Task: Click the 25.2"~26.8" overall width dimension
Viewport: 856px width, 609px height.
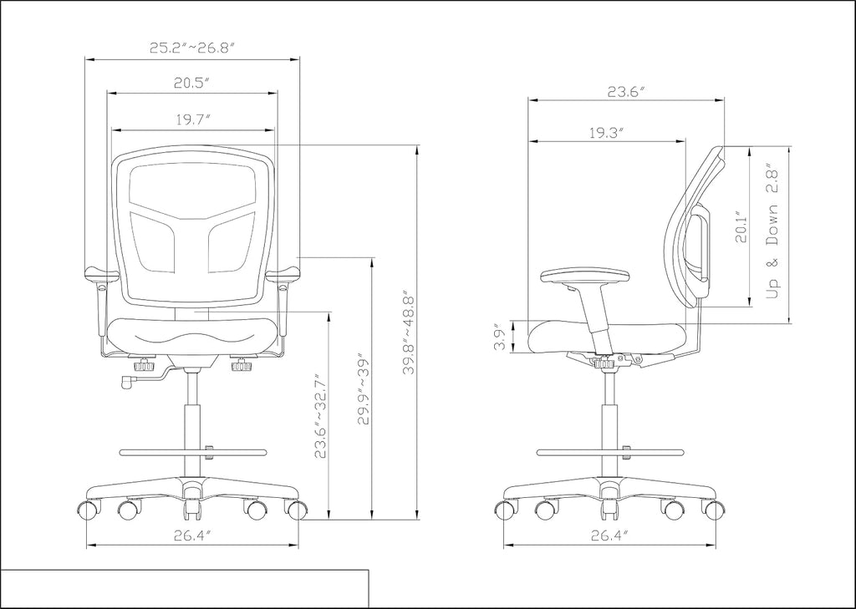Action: pyautogui.click(x=192, y=48)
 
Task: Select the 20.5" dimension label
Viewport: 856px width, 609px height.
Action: pyautogui.click(x=192, y=83)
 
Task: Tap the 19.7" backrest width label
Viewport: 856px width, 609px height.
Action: pyautogui.click(x=193, y=120)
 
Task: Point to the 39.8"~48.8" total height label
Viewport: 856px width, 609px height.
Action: pyautogui.click(x=409, y=334)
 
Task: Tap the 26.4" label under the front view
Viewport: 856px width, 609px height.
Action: pyautogui.click(x=193, y=535)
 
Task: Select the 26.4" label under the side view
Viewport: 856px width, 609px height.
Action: pyautogui.click(x=609, y=535)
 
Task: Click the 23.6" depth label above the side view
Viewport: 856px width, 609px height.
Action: pyautogui.click(x=627, y=91)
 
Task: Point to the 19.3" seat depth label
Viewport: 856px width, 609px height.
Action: pyautogui.click(x=607, y=133)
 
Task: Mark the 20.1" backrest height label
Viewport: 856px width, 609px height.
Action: pyautogui.click(x=741, y=226)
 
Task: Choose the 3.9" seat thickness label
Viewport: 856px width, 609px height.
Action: pyautogui.click(x=500, y=338)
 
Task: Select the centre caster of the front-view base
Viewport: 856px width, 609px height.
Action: pyautogui.click(x=191, y=508)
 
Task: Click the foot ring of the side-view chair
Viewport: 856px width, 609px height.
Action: pyautogui.click(x=609, y=453)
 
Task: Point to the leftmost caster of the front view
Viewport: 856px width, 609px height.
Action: pyautogui.click(x=89, y=509)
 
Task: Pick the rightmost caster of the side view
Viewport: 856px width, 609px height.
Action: pyautogui.click(x=713, y=509)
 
